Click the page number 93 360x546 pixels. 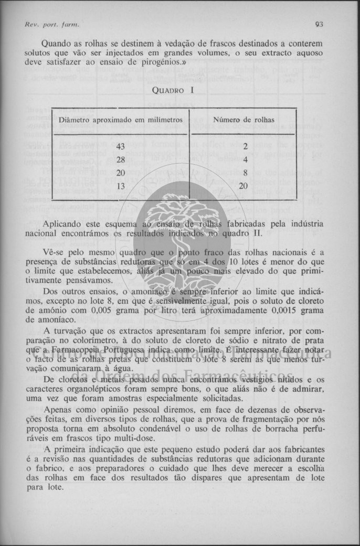[x=319, y=24]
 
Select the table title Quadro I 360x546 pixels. [x=173, y=90]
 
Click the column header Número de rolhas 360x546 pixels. [x=243, y=120]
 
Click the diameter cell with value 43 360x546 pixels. [x=121, y=146]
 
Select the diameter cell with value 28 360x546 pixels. [x=121, y=160]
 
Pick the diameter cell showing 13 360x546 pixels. [x=121, y=186]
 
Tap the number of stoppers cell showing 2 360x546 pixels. [x=244, y=147]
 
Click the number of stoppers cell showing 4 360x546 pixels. [x=244, y=160]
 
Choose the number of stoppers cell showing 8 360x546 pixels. [x=244, y=173]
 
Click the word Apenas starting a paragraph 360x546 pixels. [x=59, y=409]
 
